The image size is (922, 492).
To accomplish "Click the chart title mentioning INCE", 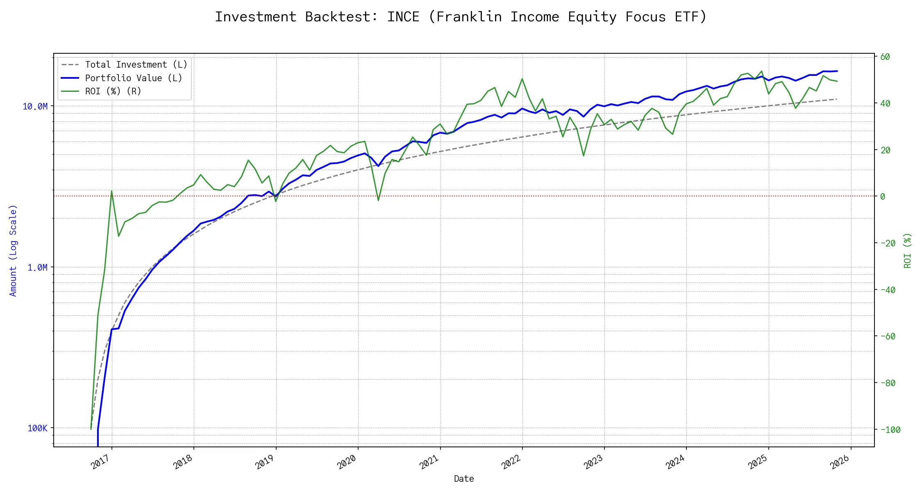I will (461, 17).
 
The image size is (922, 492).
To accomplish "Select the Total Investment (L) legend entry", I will (136, 65).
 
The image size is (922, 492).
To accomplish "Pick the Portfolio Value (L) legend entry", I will (133, 78).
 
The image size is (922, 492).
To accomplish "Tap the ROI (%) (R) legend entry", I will (113, 91).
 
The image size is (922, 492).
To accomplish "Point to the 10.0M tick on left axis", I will (35, 107).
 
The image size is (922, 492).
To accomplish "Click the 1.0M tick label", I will (37, 268).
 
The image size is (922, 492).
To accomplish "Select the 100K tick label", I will (37, 428).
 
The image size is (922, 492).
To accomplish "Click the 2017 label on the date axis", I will (101, 462).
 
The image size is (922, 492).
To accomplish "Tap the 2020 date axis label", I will (347, 462).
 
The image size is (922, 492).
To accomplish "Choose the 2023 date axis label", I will (593, 462).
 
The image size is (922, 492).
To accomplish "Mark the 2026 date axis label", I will (840, 462).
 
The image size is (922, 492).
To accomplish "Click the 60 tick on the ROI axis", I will (885, 57).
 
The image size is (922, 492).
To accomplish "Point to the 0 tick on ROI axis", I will (883, 197).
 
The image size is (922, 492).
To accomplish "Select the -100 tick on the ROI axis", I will (890, 430).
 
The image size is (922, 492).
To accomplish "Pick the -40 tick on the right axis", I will (888, 290).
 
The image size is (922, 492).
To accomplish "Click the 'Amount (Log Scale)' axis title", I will (13, 251).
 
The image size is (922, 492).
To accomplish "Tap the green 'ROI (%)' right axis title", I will (908, 251).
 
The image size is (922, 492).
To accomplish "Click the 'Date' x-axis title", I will (464, 479).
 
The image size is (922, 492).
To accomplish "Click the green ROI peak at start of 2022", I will (522, 79).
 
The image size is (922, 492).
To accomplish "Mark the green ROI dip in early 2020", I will (378, 200).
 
